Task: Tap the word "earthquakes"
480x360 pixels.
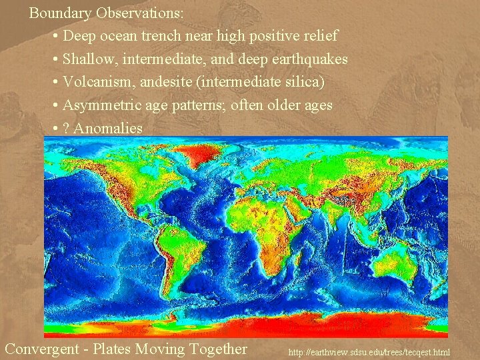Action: pos(310,59)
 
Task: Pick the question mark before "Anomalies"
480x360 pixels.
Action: pos(66,128)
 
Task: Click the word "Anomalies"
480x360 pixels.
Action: pos(108,128)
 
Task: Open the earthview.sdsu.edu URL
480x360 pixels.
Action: pos(369,351)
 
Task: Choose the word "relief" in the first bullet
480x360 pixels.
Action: pos(318,35)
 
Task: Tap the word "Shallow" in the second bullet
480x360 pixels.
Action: pos(87,59)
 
